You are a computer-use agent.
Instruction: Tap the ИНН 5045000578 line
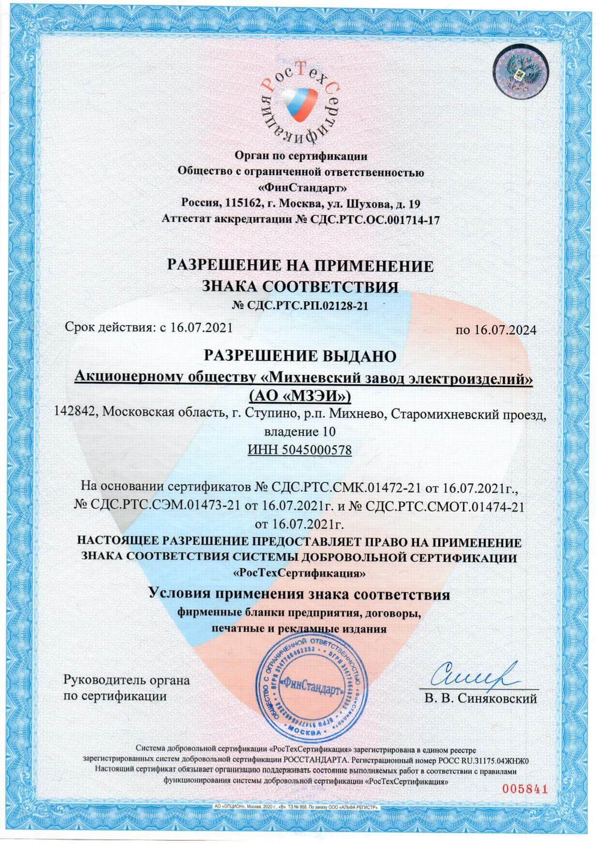(300, 450)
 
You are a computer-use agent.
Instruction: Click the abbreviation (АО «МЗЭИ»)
(300, 397)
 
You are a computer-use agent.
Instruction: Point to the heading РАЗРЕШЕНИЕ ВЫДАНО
(300, 356)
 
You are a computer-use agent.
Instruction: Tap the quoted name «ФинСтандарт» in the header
(300, 186)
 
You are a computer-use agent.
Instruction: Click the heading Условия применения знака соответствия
(300, 594)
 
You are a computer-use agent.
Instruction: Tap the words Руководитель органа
(127, 680)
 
